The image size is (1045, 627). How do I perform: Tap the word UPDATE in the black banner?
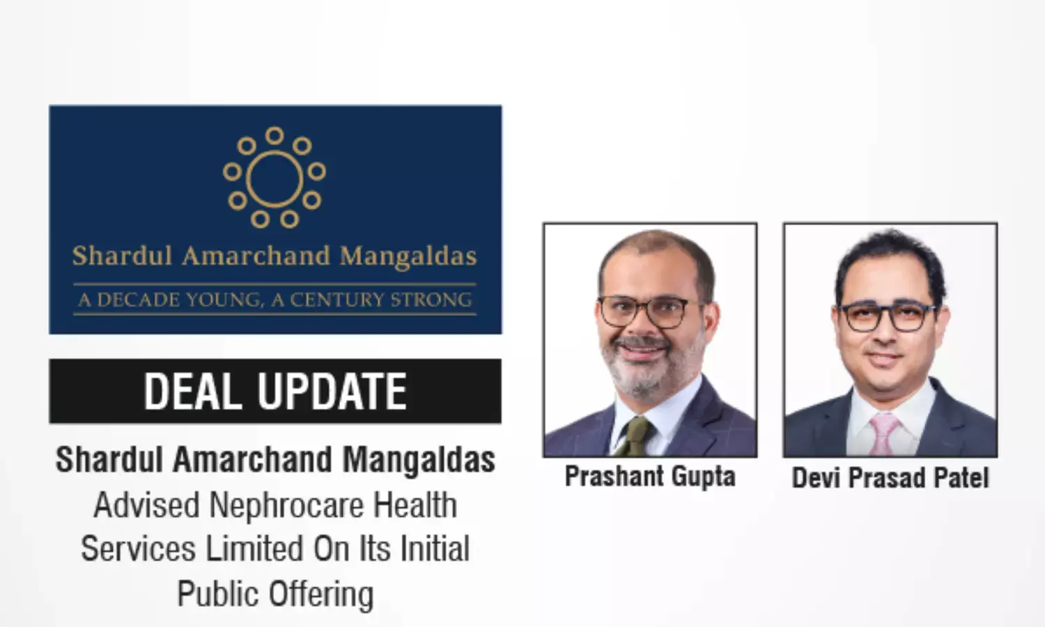332,391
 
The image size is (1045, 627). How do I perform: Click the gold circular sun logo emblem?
274,177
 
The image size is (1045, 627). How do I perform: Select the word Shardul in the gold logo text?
122,256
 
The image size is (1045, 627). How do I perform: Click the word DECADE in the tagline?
138,300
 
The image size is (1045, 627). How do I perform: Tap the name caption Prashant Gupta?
650,477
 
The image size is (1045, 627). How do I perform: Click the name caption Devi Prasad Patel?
890,478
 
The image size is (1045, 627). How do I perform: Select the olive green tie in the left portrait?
634,436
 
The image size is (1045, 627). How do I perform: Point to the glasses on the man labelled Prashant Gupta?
650,311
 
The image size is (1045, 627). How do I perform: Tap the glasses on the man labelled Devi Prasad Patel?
887,317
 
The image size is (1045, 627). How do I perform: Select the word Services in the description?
138,549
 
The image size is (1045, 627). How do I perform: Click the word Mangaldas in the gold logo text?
408,257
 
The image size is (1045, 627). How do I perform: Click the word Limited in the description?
254,549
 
